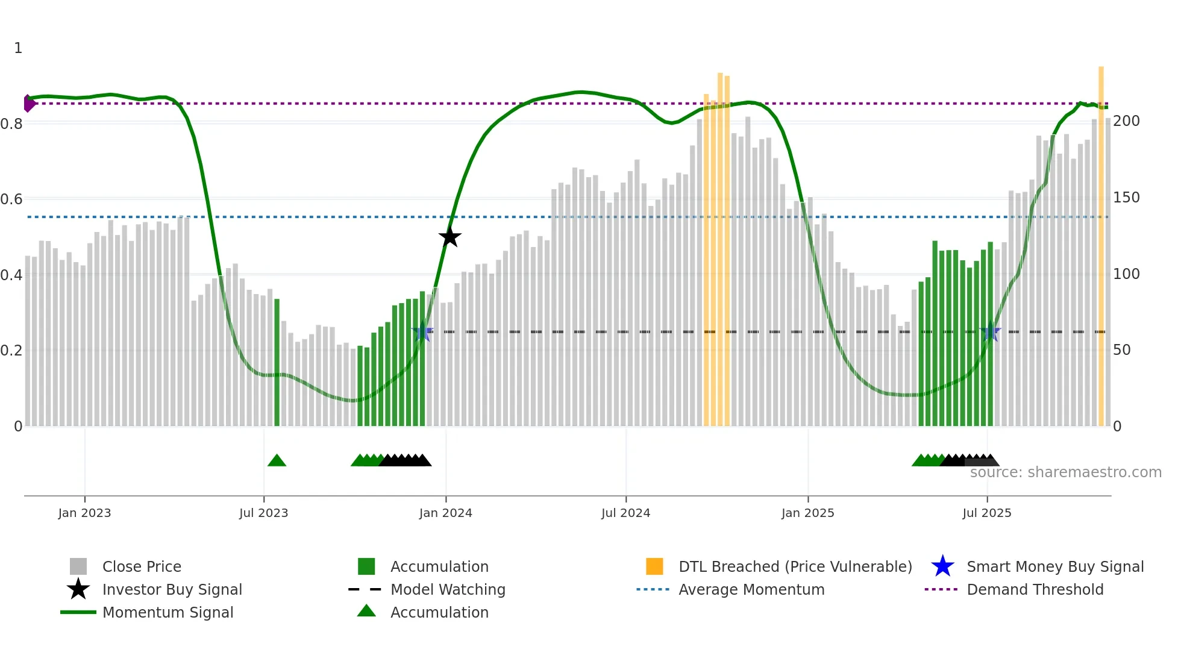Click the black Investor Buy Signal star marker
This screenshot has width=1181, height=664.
coord(450,237)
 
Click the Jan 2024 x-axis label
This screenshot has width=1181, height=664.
coord(445,513)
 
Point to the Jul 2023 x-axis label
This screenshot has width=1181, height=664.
coord(263,513)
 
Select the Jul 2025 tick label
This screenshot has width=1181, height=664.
coord(986,513)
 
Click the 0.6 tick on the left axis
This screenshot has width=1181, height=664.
coord(11,199)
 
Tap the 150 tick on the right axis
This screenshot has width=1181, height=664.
coord(1126,198)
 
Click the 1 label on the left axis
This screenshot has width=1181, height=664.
coord(18,48)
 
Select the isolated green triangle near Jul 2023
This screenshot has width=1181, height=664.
coord(277,461)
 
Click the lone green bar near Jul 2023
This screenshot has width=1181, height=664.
coord(277,362)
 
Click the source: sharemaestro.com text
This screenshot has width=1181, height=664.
coord(1065,472)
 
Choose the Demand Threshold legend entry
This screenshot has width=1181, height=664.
coord(1035,589)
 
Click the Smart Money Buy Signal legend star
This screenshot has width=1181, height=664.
coord(942,566)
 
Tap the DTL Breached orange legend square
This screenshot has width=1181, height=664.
coord(654,566)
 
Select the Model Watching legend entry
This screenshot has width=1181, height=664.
coord(447,589)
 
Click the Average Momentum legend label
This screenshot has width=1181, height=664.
coord(751,589)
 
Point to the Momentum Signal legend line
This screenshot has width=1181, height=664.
coord(78,612)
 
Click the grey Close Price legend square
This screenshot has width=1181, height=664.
coord(78,566)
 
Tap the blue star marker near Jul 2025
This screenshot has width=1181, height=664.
coord(990,331)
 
